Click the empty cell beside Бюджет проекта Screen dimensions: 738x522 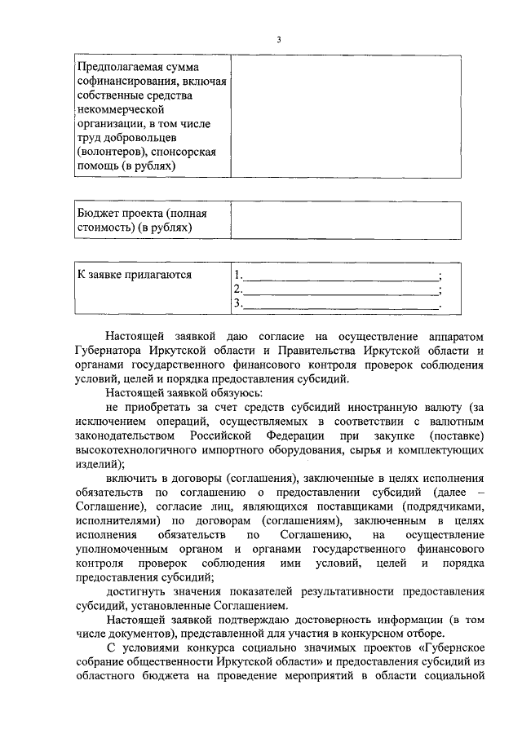347,221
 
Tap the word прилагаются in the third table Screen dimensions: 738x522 158,274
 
